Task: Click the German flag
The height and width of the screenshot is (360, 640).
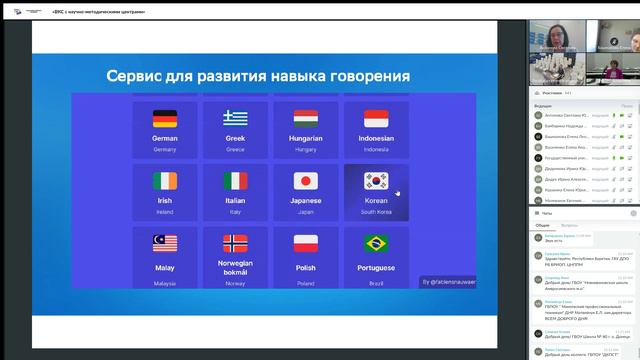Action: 165,119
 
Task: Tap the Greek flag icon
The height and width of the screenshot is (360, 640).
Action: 235,119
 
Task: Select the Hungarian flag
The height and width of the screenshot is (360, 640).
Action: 306,119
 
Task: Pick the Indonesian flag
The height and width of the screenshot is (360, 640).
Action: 376,119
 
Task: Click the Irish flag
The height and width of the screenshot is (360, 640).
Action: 165,181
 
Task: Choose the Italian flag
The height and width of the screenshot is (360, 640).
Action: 235,181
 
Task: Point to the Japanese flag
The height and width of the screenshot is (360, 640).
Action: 306,181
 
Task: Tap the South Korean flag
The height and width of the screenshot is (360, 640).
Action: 376,181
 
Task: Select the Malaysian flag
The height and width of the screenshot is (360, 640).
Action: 165,243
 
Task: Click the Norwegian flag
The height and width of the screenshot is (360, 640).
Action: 235,243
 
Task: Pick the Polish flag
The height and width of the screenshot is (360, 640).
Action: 306,243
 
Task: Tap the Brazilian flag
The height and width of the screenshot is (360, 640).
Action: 376,243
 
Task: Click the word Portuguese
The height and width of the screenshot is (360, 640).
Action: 376,268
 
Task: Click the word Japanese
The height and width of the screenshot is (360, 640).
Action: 306,200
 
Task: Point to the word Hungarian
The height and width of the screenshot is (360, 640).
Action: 306,138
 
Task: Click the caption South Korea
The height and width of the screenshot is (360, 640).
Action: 376,211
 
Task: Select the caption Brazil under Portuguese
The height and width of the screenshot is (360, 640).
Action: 376,283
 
